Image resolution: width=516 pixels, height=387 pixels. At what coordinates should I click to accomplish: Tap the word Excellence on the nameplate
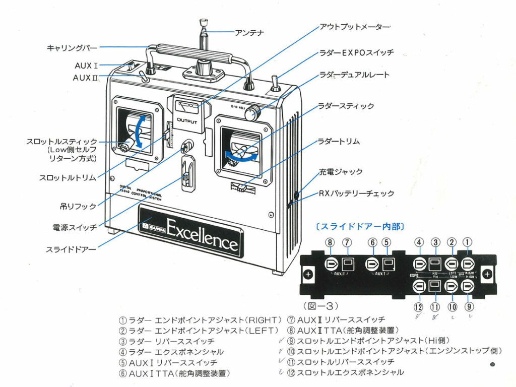pos(202,232)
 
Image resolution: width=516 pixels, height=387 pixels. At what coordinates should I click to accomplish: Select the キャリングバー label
pos(71,48)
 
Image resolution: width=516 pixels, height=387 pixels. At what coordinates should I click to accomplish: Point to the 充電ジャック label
pos(340,172)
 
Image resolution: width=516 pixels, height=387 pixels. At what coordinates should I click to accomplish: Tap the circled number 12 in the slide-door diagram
pos(418,306)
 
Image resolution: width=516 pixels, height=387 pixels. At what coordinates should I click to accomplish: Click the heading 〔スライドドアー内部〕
pos(359,227)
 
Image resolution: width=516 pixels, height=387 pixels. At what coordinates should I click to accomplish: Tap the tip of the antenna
pos(204,22)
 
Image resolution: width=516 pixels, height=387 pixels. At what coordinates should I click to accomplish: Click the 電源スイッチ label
pos(74,227)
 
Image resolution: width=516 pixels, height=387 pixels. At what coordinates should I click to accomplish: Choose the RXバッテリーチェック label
pos(356,193)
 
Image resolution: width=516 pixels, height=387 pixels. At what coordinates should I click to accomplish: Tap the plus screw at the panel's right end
pos(486,274)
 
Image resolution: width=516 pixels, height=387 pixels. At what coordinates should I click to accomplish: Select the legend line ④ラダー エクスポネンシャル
pos(171,352)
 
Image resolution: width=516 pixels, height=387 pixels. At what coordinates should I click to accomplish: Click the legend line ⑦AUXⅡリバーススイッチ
pos(336,320)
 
